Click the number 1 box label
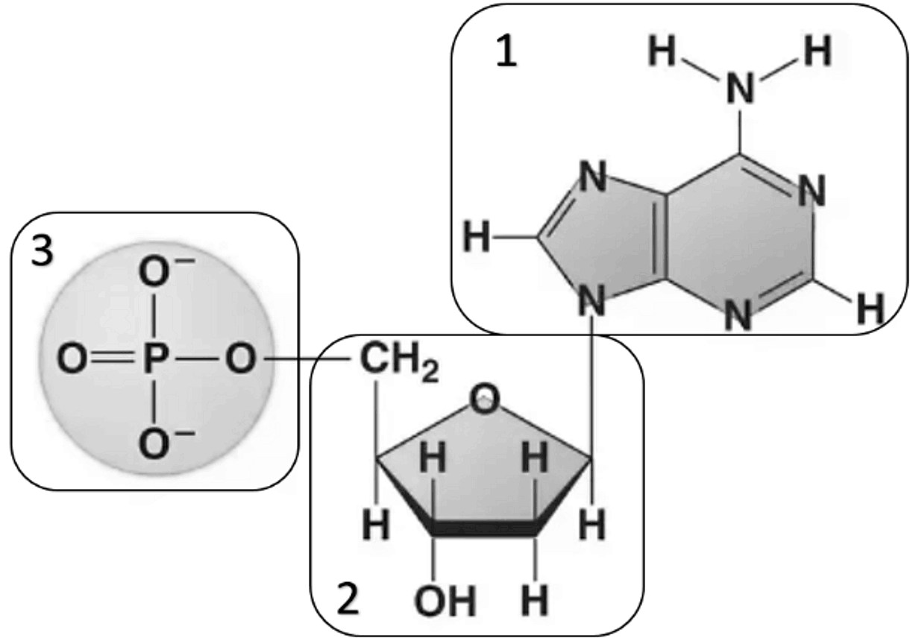[x=506, y=54]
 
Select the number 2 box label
[x=348, y=599]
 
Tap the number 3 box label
[x=43, y=252]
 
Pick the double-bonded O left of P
[x=72, y=359]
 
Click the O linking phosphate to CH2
[x=242, y=359]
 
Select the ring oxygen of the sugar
[x=484, y=399]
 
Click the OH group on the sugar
[x=445, y=601]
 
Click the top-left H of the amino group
[x=662, y=51]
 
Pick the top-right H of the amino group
[x=818, y=51]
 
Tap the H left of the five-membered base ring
[x=477, y=238]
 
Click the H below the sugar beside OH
[x=535, y=600]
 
